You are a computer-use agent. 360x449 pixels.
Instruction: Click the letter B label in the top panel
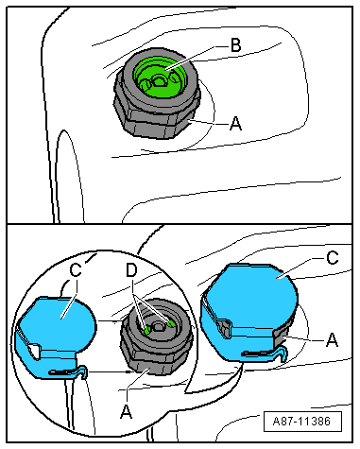[236, 44]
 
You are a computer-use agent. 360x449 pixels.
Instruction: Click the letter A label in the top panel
[236, 123]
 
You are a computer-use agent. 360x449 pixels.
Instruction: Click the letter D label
[132, 270]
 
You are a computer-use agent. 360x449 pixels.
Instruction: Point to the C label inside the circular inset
[76, 270]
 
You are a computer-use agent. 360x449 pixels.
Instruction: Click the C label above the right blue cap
[333, 258]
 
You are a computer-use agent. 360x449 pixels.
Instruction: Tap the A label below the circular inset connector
[127, 411]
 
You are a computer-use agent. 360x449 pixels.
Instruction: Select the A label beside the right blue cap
[332, 340]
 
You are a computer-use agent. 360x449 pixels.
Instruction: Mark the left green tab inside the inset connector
[146, 330]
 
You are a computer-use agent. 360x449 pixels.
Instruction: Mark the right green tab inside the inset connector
[171, 323]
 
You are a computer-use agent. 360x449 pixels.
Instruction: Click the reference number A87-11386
[302, 422]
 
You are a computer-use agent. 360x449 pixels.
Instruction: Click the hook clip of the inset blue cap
[69, 372]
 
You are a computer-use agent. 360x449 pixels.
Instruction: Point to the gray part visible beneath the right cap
[282, 337]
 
